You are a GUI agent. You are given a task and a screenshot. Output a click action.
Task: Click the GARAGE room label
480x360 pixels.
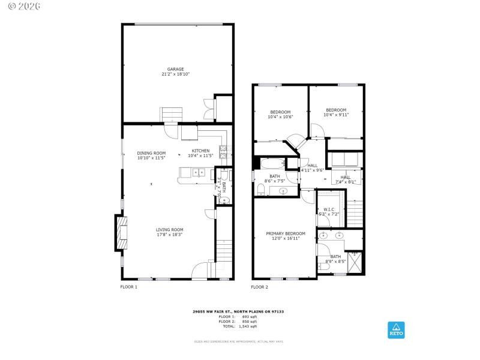(176, 69)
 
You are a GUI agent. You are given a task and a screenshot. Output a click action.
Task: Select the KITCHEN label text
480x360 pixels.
(200, 151)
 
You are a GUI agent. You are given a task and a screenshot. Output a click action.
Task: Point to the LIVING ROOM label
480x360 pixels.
(170, 230)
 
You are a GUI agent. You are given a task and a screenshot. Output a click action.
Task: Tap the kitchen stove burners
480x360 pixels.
(223, 152)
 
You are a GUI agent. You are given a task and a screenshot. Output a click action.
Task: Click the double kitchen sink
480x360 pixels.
(199, 173)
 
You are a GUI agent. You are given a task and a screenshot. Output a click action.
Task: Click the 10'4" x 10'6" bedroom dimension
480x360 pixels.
(280, 117)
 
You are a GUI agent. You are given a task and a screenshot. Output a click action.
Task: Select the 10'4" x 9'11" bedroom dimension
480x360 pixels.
(336, 115)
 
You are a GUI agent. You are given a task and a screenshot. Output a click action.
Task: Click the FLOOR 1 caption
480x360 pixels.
(129, 287)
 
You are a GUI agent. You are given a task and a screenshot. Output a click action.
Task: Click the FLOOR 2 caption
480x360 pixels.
(259, 287)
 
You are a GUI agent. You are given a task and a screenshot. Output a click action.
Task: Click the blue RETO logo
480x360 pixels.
(396, 329)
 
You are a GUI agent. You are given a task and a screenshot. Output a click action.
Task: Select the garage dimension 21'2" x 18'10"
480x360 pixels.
(176, 74)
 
